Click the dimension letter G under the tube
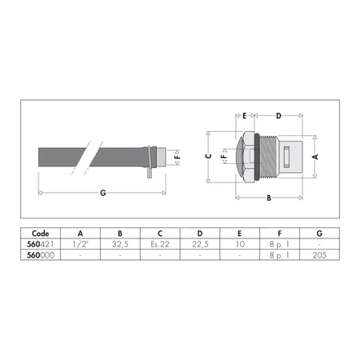[x=103, y=193]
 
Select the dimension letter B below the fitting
[x=269, y=198]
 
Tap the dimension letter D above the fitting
[x=278, y=116]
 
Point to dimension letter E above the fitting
[x=245, y=116]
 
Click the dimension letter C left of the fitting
[x=209, y=156]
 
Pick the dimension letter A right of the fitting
[x=315, y=157]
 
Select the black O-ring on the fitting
[x=257, y=157]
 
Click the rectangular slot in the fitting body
[x=286, y=157]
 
